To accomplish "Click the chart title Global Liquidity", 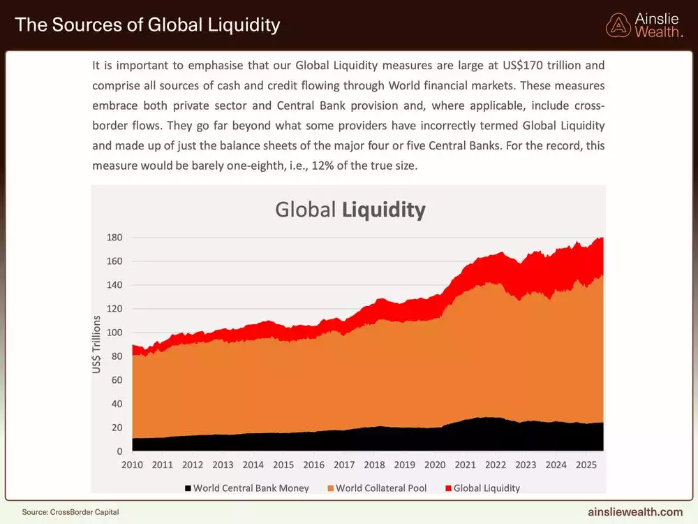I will (x=350, y=210).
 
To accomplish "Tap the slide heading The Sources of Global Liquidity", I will (x=147, y=25).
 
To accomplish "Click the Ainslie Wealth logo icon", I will (x=618, y=25).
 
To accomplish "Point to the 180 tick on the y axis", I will (x=114, y=238).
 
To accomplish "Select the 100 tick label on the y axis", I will (x=114, y=333).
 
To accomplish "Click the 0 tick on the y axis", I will (x=119, y=451).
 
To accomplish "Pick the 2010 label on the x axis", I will (x=132, y=465).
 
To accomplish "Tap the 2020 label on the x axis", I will (x=435, y=465).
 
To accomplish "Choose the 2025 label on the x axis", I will (x=586, y=465).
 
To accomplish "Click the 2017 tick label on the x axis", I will (x=344, y=465).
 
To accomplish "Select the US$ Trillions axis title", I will (x=97, y=344).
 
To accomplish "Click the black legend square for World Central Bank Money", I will (x=188, y=488).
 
